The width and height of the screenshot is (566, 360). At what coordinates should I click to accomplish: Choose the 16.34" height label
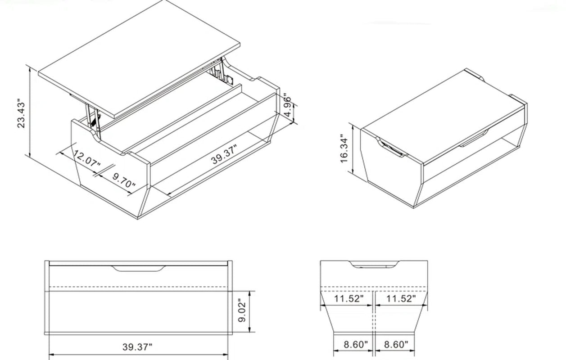344,148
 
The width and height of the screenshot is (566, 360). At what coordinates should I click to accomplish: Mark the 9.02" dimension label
243,312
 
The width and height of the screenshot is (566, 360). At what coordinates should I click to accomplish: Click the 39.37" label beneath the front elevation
137,347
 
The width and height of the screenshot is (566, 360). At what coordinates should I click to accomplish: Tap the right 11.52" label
401,299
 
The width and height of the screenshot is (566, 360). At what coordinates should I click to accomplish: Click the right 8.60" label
396,345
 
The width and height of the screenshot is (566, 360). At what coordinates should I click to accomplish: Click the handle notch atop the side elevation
374,265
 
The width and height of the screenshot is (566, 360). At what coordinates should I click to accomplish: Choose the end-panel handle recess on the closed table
391,148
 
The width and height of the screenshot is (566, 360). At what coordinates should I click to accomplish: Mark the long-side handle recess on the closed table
472,138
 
